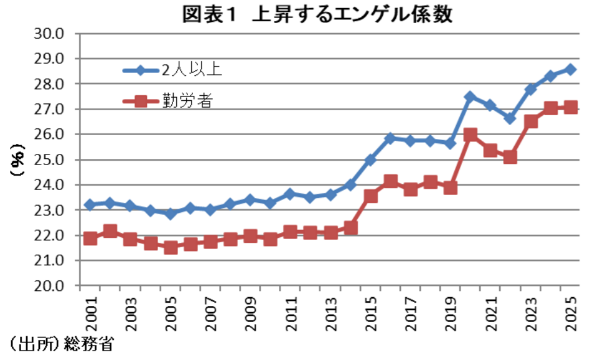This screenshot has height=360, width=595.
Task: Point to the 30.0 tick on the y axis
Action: point(53,34)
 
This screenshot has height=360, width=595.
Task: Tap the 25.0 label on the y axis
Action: point(53,160)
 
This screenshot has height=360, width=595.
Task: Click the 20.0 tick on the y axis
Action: point(53,287)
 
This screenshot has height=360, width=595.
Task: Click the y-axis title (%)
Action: point(17,160)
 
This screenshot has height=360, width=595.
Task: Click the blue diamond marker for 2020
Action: point(471,97)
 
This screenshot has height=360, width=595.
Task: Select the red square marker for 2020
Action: point(471,135)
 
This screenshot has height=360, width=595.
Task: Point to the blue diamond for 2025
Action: point(571,69)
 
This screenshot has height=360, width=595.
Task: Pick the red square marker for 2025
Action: point(571,108)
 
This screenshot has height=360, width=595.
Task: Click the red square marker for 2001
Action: point(91,239)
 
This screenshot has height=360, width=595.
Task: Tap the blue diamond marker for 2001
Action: point(91,205)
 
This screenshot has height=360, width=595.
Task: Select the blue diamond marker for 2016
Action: point(390,138)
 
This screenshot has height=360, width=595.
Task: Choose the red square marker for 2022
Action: point(510,158)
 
